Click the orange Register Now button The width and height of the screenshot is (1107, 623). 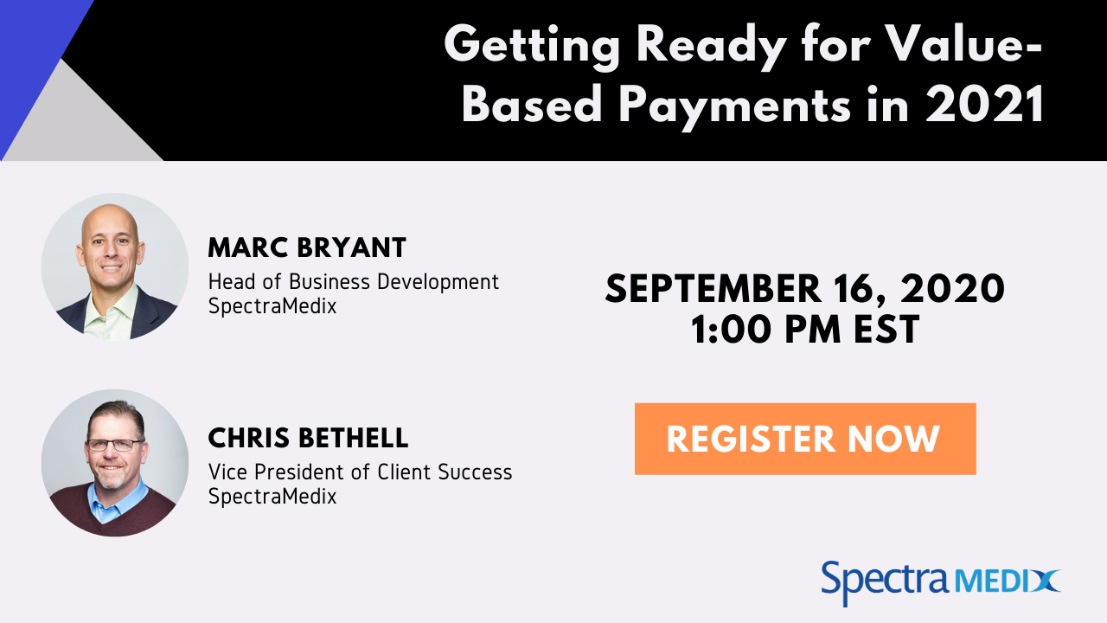(804, 439)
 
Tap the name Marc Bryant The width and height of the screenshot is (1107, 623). (307, 248)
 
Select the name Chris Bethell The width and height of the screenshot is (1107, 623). (308, 438)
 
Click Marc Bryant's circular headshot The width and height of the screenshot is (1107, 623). (115, 267)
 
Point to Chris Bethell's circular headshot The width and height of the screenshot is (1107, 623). (115, 463)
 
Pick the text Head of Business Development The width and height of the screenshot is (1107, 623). (354, 282)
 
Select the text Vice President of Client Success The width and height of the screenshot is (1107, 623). (360, 472)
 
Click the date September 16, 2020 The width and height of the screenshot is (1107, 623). (804, 289)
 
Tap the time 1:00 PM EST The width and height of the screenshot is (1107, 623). (804, 330)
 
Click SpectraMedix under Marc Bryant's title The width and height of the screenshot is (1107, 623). (272, 305)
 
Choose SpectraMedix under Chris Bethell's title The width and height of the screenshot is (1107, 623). (272, 496)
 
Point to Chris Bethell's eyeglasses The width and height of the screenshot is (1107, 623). (114, 445)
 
